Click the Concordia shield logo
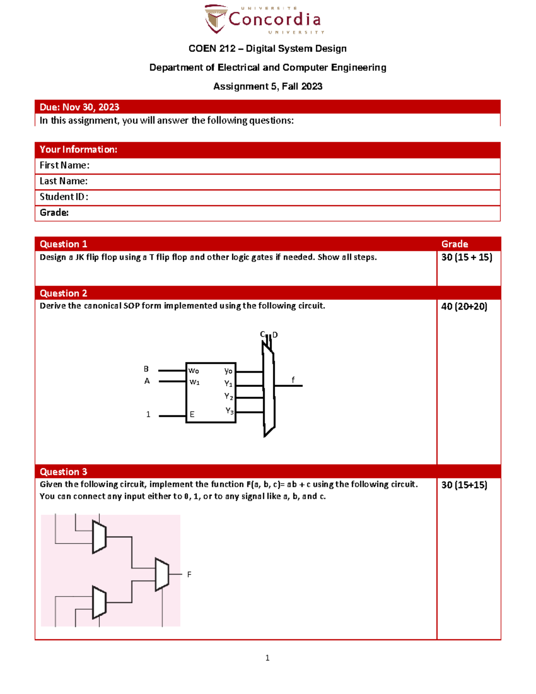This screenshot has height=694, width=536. point(216,19)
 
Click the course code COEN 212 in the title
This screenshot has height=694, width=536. point(212,49)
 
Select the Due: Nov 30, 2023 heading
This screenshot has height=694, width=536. point(80,107)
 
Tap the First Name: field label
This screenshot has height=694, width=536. point(64,165)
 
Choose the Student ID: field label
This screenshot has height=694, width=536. point(64,197)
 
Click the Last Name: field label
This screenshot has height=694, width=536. point(63,181)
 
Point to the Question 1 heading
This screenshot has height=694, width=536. point(63,244)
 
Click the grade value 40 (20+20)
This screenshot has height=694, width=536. point(464,307)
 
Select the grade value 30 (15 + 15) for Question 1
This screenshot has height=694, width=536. point(467,257)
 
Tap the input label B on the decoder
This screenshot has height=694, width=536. point(146,369)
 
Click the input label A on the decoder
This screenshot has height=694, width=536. point(147,381)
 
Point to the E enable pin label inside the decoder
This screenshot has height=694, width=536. point(192,415)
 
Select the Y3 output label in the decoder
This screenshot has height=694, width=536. point(229,411)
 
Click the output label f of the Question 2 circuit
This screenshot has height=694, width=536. point(293,380)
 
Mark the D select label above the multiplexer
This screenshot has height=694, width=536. point(275,335)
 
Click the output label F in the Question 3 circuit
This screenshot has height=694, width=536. point(189,575)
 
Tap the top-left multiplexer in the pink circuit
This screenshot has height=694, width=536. point(99,537)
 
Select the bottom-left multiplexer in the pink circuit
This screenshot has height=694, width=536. point(99,602)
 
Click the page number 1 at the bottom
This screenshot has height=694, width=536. point(268,658)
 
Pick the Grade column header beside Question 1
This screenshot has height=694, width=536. point(455,244)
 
